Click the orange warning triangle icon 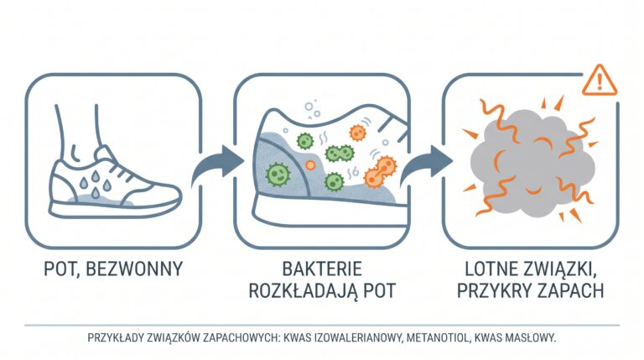(x=600, y=81)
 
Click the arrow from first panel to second (x=217, y=165)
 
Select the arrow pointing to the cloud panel (x=425, y=165)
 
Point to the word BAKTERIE (x=322, y=269)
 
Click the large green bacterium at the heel (x=278, y=175)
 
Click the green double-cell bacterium (x=340, y=154)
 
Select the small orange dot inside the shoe (x=310, y=165)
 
